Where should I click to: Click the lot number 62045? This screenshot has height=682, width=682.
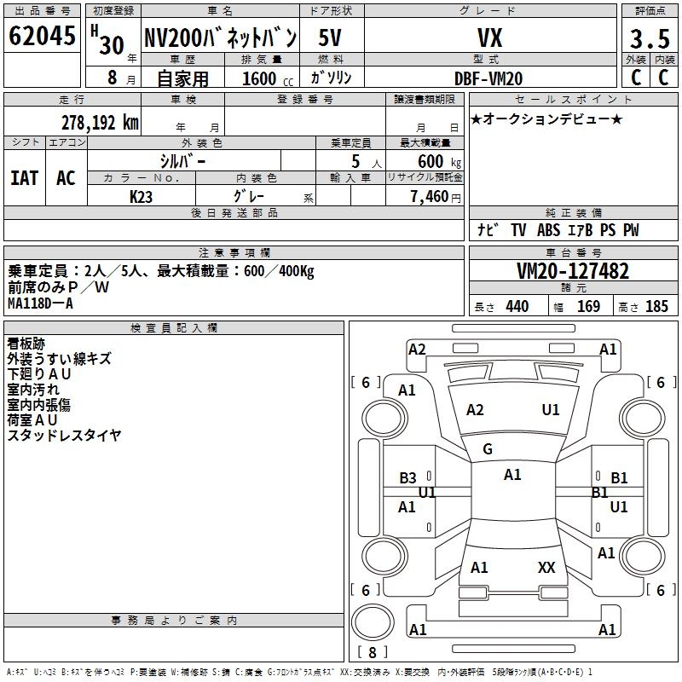click(x=43, y=37)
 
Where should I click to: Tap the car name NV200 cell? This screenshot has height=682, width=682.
click(x=220, y=38)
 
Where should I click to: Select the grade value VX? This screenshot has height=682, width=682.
click(x=488, y=38)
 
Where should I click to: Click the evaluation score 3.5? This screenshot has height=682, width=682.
click(x=649, y=38)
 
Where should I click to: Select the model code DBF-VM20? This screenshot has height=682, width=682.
click(x=488, y=78)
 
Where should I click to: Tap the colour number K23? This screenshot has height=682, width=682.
click(x=142, y=196)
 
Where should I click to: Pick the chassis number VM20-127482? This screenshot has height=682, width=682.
click(x=573, y=271)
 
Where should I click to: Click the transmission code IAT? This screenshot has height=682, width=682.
click(x=25, y=177)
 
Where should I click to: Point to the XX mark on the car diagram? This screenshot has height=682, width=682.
click(x=546, y=567)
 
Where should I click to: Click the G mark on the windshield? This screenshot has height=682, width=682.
click(x=488, y=449)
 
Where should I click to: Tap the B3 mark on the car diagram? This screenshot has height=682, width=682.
click(x=408, y=478)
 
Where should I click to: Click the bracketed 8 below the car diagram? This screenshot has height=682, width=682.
click(x=372, y=653)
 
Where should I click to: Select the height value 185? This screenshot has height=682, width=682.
click(x=656, y=306)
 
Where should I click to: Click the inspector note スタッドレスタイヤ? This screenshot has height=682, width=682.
click(x=64, y=435)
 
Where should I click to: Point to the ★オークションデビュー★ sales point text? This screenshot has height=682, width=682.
click(x=546, y=118)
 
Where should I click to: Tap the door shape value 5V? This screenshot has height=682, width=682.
click(x=330, y=38)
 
